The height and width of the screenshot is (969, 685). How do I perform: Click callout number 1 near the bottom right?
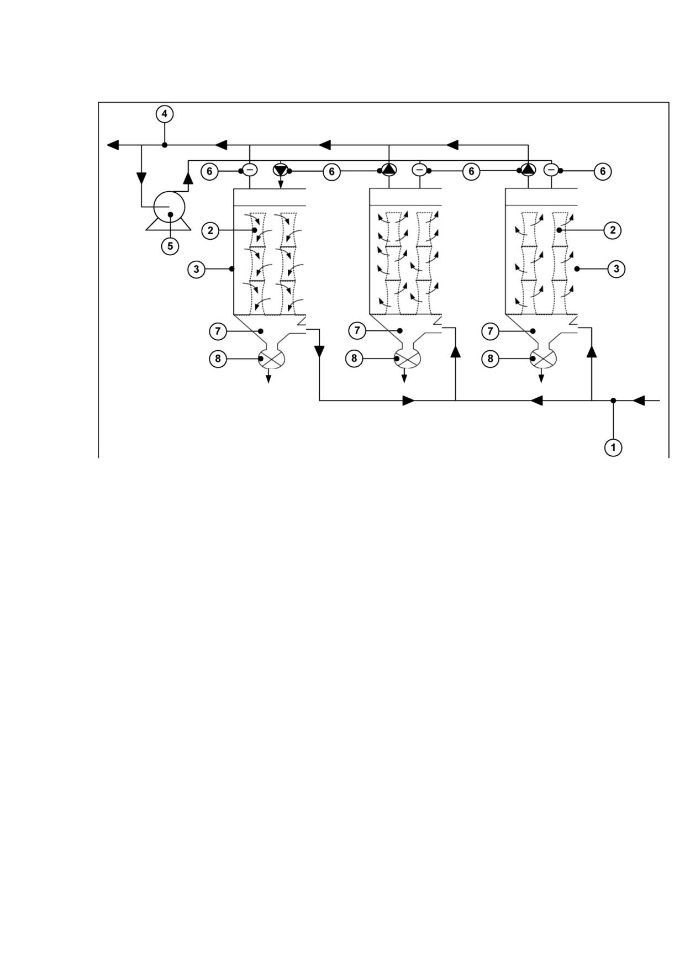[x=613, y=447]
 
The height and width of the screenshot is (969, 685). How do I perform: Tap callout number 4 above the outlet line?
[x=164, y=114]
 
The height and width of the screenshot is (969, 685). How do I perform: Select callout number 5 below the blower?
[x=170, y=246]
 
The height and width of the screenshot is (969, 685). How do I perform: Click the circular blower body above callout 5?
[x=168, y=207]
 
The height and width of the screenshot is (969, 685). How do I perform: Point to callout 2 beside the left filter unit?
[x=210, y=230]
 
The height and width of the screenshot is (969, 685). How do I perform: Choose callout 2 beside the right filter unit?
[x=612, y=230]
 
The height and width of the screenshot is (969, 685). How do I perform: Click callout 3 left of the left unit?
[x=197, y=269]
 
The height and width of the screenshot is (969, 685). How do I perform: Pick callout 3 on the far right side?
[x=616, y=269]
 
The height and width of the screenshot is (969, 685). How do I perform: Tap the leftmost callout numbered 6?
[x=209, y=171]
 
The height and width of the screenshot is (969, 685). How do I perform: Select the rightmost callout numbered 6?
[x=603, y=171]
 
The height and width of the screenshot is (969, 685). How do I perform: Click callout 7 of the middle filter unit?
[x=357, y=331]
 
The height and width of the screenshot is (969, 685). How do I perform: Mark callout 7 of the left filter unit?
[x=218, y=331]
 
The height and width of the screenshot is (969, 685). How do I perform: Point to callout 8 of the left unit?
[x=218, y=359]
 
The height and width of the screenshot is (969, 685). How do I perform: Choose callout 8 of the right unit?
[x=490, y=359]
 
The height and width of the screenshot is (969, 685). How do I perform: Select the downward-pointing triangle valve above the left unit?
[x=281, y=170]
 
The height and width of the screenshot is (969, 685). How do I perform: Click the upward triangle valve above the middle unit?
[x=389, y=169]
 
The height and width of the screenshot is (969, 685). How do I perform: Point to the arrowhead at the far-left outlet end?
[x=113, y=145]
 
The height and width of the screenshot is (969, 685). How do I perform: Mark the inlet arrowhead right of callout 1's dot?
[x=638, y=401]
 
